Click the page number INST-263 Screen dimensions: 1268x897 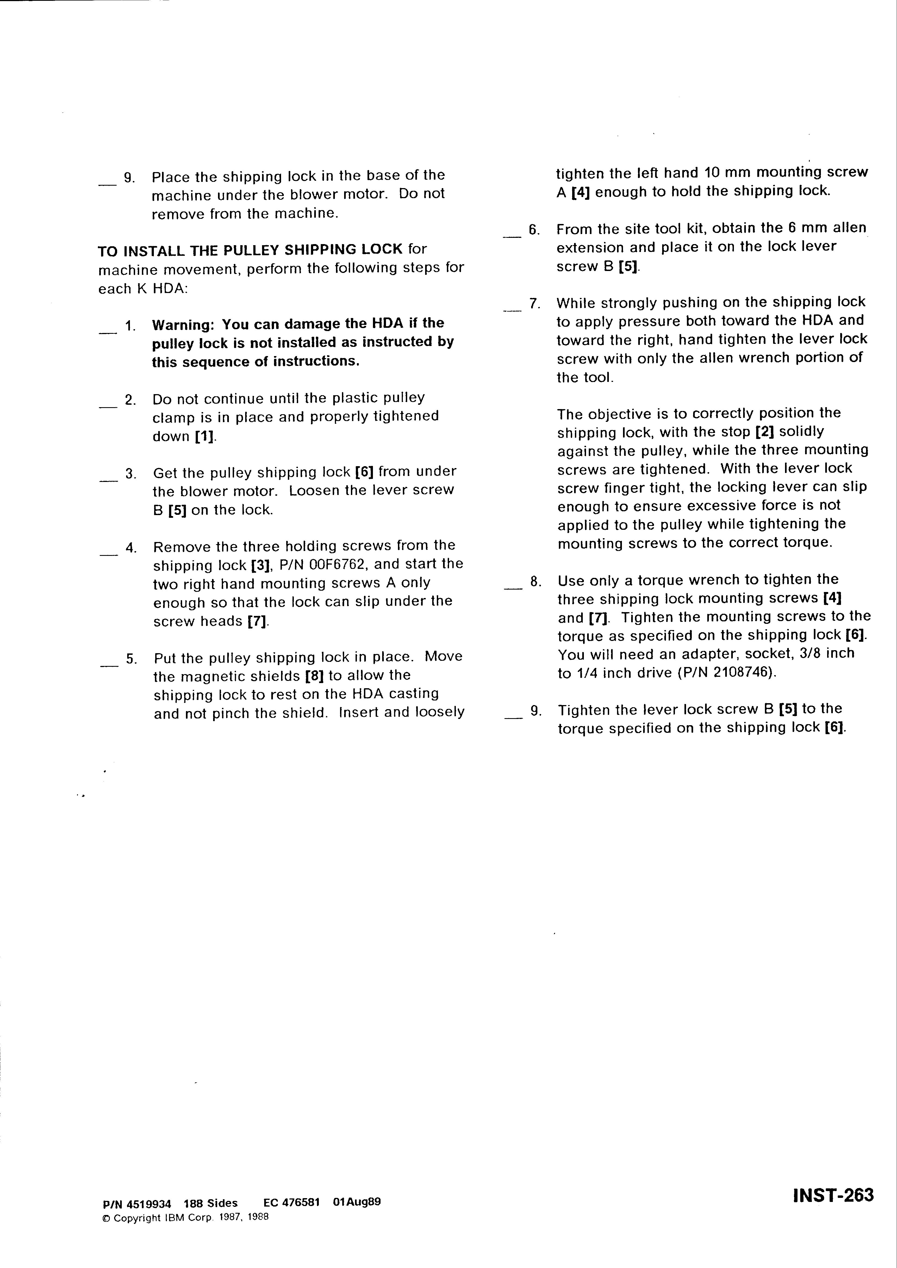tap(833, 1195)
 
